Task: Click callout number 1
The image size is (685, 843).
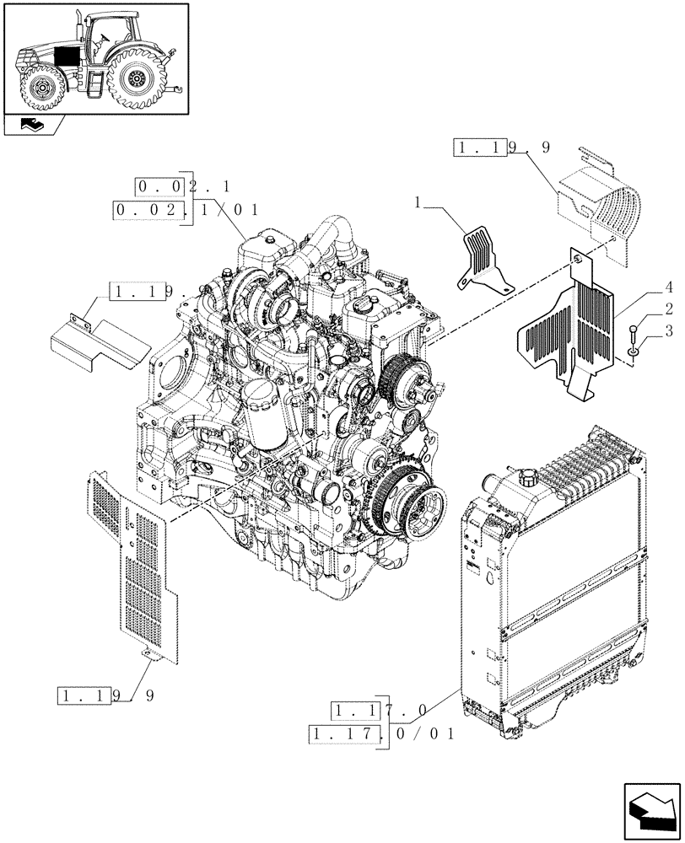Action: pos(418,203)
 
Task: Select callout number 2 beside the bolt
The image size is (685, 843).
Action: pos(667,309)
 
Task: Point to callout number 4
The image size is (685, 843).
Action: pos(667,287)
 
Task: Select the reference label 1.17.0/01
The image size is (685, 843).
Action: pos(382,734)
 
